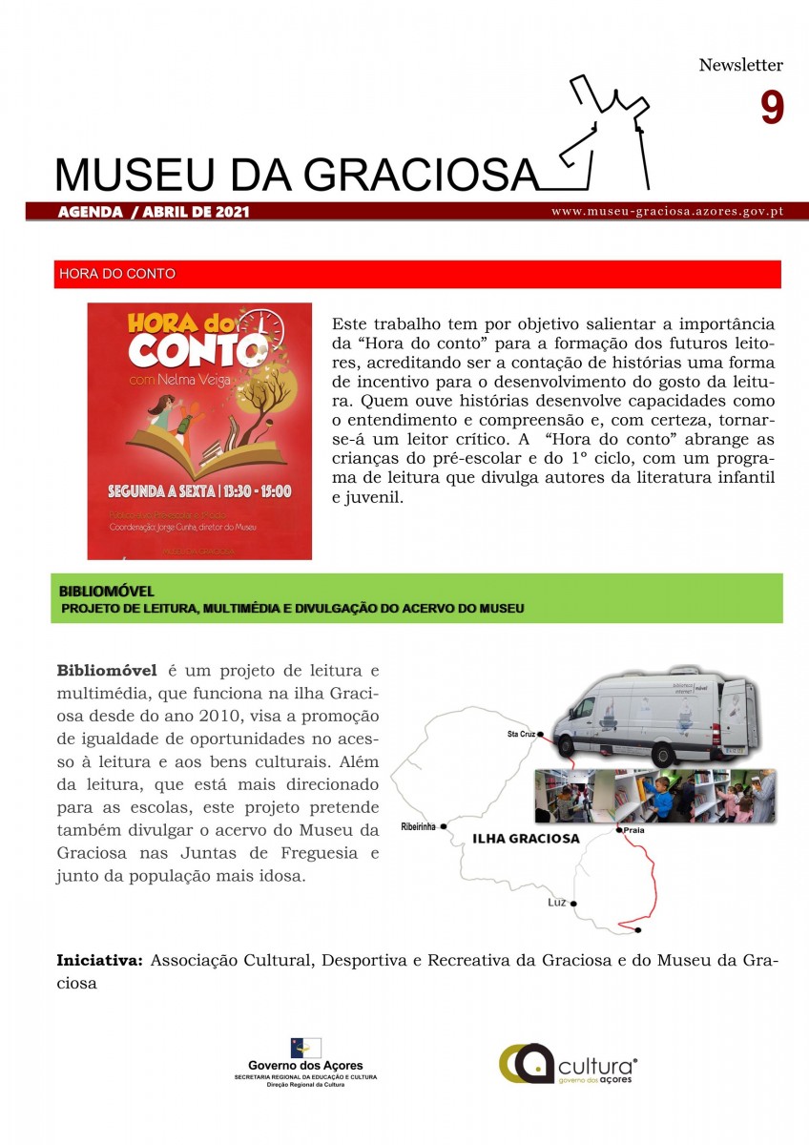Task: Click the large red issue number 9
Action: (772, 108)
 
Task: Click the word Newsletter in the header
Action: (740, 66)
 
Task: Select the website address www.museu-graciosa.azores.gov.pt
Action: (667, 211)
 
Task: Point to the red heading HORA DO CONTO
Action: (117, 274)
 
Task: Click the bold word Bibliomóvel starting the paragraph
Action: (110, 670)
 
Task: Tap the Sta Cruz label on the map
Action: (520, 735)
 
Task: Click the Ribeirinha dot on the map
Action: (444, 826)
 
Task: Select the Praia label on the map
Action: (635, 831)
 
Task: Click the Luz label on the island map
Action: (557, 902)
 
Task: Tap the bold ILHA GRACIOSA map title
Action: (527, 839)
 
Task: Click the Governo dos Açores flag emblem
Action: (305, 1048)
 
